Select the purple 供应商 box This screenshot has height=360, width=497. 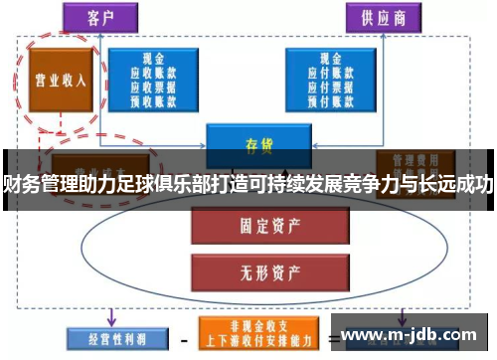[x=380, y=18]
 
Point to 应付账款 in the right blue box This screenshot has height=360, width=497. [x=326, y=73]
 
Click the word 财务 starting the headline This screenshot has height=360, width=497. [x=18, y=183]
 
